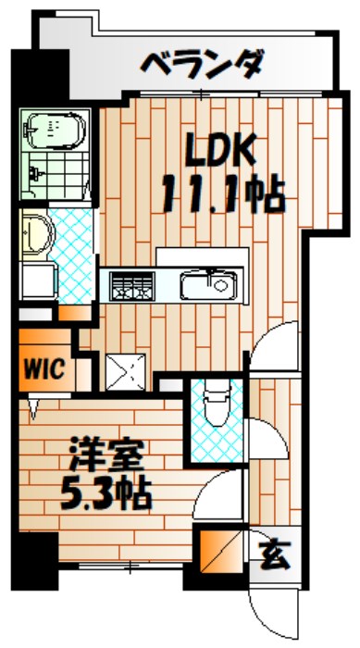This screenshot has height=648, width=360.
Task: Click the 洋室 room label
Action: (104, 458)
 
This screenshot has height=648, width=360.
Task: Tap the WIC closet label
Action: (42, 368)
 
